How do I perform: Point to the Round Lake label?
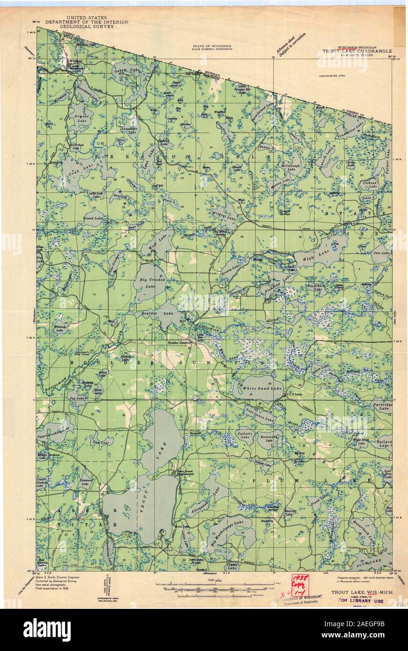[x=93, y=218]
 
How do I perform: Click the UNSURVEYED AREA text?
[x=332, y=75]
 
